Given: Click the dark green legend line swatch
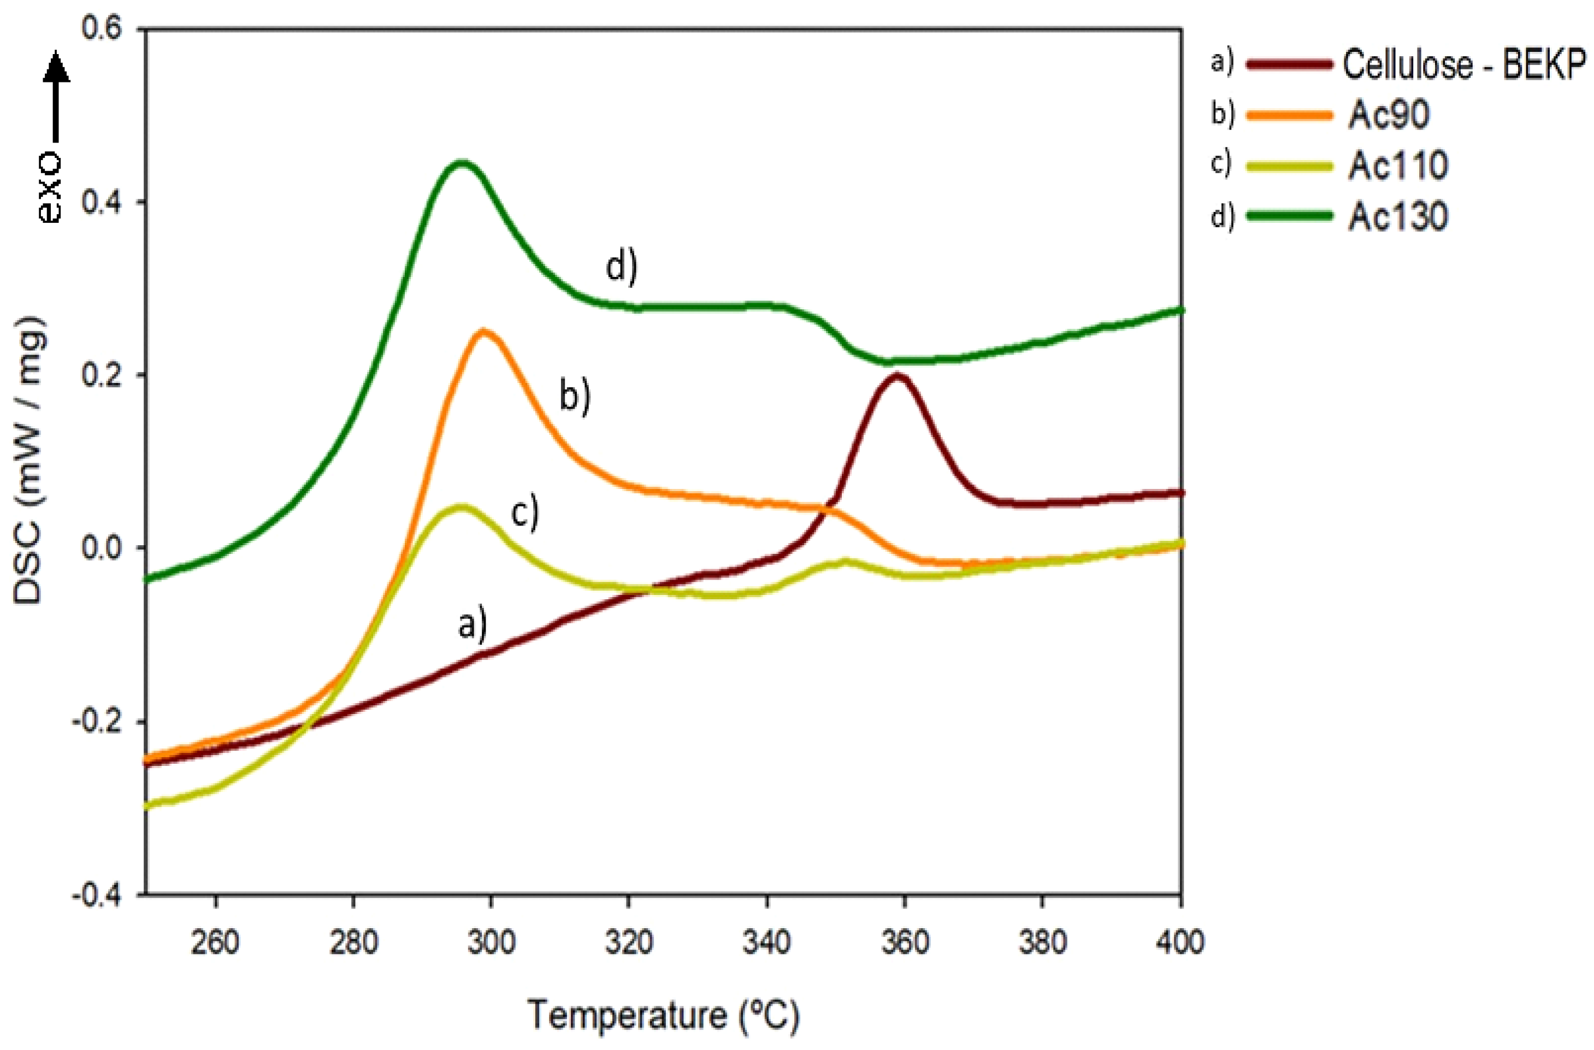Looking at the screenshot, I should point(1289,216).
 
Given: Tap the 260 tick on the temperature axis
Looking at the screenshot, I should point(215,943).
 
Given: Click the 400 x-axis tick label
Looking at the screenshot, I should point(1180,943).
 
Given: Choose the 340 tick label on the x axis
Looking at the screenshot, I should point(767,943).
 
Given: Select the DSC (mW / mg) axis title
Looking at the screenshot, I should point(30,462).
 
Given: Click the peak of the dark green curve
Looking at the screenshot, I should point(461,163).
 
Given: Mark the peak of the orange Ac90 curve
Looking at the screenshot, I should point(483,331).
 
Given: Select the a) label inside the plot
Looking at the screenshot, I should point(472,625).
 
